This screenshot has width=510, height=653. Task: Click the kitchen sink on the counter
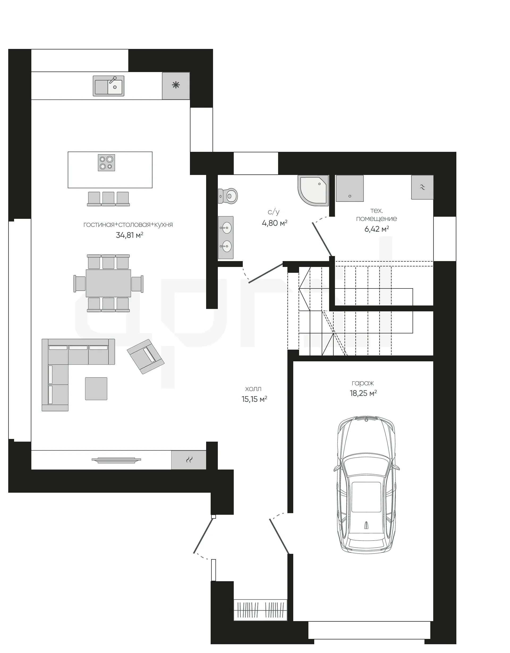pyautogui.click(x=108, y=86)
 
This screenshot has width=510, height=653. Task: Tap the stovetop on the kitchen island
pyautogui.click(x=106, y=163)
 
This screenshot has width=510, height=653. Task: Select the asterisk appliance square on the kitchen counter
pyautogui.click(x=176, y=86)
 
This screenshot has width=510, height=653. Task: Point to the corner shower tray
pyautogui.click(x=313, y=190)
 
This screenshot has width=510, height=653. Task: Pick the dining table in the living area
pyautogui.click(x=108, y=283)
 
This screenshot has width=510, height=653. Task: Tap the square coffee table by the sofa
pyautogui.click(x=96, y=388)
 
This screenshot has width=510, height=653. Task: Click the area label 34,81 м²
pyautogui.click(x=130, y=235)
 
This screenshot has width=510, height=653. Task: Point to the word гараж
pyautogui.click(x=363, y=383)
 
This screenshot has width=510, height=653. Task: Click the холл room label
pyautogui.click(x=253, y=389)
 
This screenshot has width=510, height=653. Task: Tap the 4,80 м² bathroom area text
pyautogui.click(x=275, y=223)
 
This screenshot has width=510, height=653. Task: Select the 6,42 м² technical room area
pyautogui.click(x=376, y=229)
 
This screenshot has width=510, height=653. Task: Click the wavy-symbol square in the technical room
pyautogui.click(x=422, y=187)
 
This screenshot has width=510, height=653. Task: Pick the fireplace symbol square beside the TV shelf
pyautogui.click(x=189, y=460)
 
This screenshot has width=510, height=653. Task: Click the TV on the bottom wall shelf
pyautogui.click(x=116, y=460)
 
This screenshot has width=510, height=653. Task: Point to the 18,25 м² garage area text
pyautogui.click(x=363, y=393)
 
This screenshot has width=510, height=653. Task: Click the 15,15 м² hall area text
pyautogui.click(x=254, y=399)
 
